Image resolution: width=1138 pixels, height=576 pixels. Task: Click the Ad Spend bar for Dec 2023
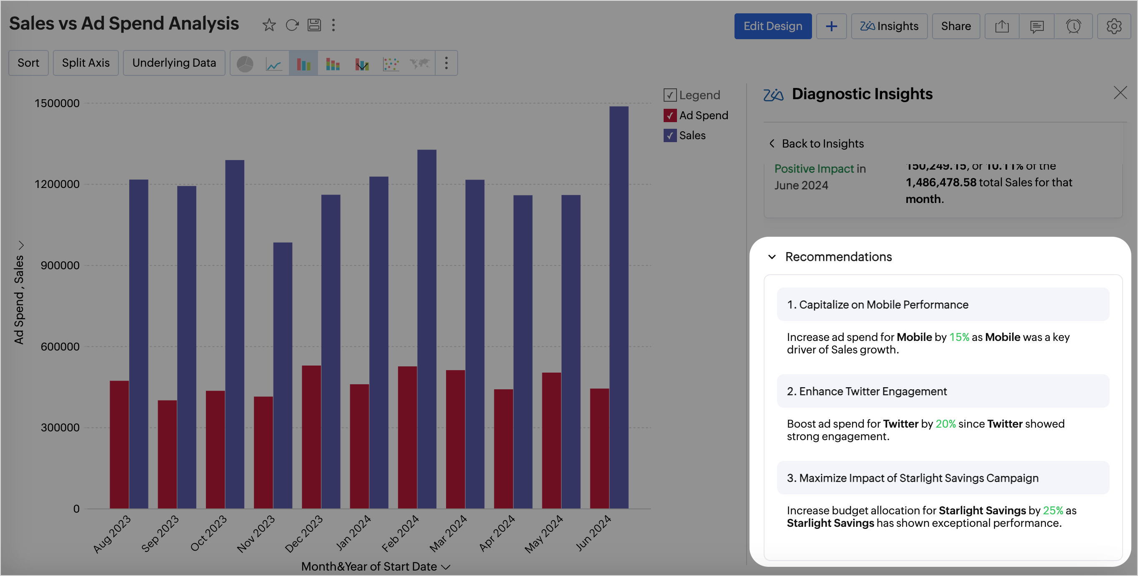tap(311, 437)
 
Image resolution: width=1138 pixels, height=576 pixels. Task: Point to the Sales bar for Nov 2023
tap(282, 376)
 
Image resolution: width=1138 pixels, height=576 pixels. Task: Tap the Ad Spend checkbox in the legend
tap(670, 115)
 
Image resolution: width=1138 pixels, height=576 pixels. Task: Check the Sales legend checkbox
tap(670, 135)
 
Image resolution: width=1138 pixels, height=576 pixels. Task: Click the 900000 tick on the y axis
tap(60, 265)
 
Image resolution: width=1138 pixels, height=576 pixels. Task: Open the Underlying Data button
tap(174, 63)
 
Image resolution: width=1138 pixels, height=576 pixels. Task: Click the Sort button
tap(28, 63)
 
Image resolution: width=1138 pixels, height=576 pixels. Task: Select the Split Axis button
tap(86, 63)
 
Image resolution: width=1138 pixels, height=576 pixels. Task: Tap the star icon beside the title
tap(269, 25)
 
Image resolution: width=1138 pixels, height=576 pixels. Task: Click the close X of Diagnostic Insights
tap(1120, 93)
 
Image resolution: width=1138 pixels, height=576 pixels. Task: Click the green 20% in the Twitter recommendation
tap(945, 423)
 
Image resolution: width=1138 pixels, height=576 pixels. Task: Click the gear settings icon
tap(1114, 26)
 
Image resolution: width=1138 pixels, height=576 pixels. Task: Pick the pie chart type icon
tap(245, 64)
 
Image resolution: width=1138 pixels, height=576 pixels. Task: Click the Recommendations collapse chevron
tap(772, 257)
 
